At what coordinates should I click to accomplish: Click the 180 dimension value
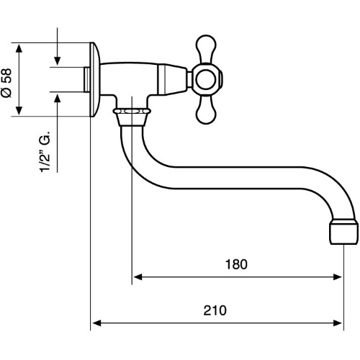point(236,264)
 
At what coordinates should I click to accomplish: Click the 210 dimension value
point(215,310)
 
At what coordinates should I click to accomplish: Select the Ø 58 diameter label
point(6,83)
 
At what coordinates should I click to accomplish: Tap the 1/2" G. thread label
point(45,152)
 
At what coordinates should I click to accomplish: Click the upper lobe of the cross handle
point(206,48)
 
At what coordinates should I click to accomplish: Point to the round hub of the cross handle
point(206,79)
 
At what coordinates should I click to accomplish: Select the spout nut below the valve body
point(132,117)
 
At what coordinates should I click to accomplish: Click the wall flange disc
point(94,79)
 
